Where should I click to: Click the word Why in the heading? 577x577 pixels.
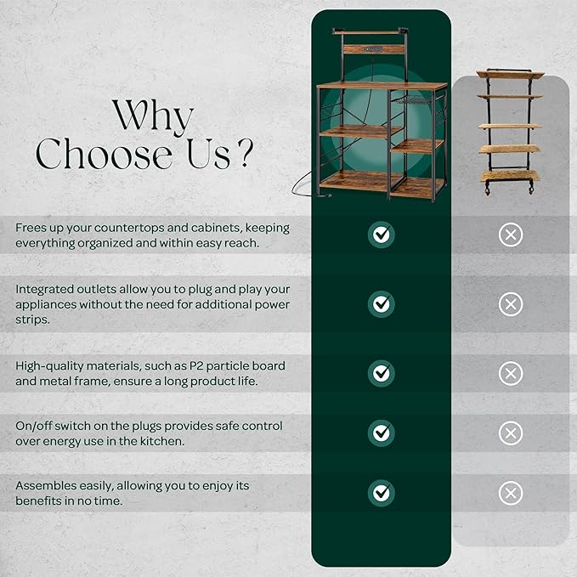(153, 117)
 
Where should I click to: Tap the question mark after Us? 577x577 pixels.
(246, 153)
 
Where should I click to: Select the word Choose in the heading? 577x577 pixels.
(104, 154)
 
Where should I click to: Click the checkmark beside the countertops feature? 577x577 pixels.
(382, 235)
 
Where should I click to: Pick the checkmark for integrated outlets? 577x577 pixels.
(382, 304)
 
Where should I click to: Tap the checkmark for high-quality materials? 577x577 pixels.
(382, 373)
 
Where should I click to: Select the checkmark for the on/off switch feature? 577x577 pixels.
(382, 433)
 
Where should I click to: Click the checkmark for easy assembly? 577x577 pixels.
(382, 493)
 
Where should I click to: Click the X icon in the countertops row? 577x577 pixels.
(511, 235)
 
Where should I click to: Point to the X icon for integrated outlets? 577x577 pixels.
(511, 304)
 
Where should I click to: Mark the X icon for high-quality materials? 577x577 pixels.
(511, 374)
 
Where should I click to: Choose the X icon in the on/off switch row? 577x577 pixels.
(511, 433)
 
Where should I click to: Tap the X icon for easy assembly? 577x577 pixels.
(511, 493)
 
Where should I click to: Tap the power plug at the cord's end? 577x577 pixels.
(325, 195)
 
